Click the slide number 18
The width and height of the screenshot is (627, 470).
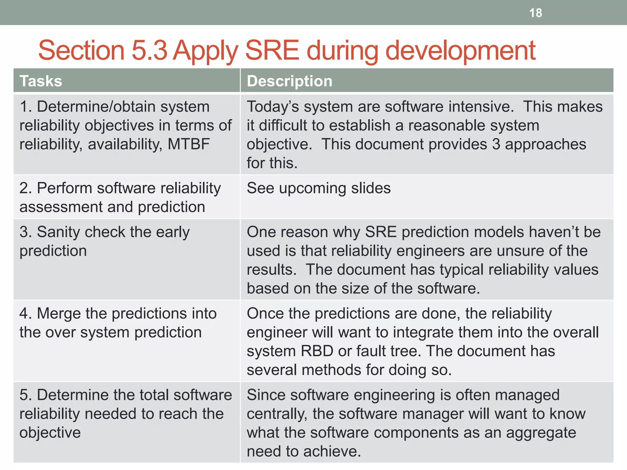[x=535, y=13]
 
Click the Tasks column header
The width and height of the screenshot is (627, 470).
[x=41, y=81]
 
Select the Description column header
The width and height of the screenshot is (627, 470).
[x=289, y=81]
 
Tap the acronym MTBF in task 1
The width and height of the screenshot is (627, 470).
[x=189, y=144]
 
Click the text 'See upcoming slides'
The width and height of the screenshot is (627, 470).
[x=318, y=188]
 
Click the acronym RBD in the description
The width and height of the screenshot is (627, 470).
[x=317, y=351]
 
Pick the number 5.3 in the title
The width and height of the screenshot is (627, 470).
[x=149, y=50]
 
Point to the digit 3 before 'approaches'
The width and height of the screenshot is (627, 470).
[x=496, y=144]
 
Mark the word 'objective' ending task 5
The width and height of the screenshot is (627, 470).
[x=50, y=433]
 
